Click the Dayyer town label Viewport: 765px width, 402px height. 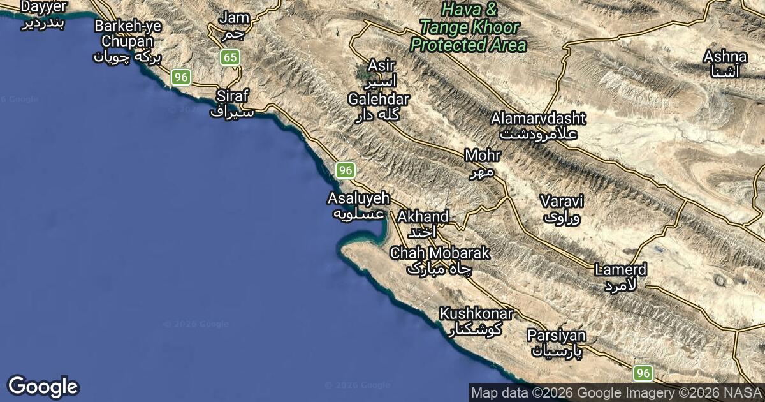(x=44, y=14)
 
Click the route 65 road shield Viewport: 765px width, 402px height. (x=230, y=58)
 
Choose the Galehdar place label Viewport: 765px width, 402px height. (x=379, y=107)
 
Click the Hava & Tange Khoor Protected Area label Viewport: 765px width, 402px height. (x=469, y=27)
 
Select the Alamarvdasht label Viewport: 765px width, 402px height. (x=539, y=126)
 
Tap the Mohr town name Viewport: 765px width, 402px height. (x=483, y=163)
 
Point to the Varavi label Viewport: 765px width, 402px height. (x=561, y=209)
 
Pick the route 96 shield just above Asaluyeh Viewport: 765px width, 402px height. (x=345, y=170)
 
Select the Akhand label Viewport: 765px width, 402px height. (x=423, y=223)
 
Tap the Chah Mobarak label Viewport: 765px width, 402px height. (x=440, y=260)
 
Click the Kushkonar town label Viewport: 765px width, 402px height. (x=476, y=322)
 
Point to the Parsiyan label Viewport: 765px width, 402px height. (x=556, y=343)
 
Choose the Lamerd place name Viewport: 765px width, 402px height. (x=620, y=277)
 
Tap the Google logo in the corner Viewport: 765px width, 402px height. (x=43, y=387)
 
